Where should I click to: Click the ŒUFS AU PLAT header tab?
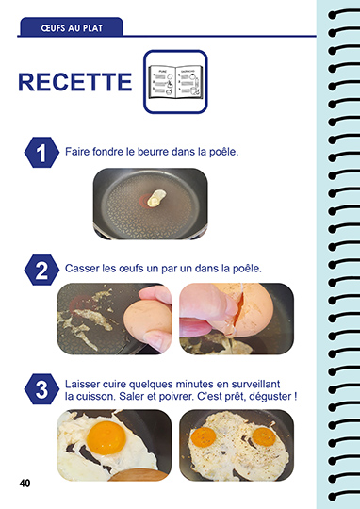pos(72,27)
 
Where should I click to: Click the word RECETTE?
pos(75,82)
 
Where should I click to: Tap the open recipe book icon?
pos(175,82)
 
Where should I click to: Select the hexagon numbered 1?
pos(41,153)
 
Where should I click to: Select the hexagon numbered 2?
pos(41,270)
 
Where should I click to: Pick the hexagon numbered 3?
pos(41,389)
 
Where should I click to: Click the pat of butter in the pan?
pos(156,198)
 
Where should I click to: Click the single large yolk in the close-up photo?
pos(106,438)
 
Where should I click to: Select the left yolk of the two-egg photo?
pos(204,437)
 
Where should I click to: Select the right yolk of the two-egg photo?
pos(264,436)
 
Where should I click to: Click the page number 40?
pos(25,484)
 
